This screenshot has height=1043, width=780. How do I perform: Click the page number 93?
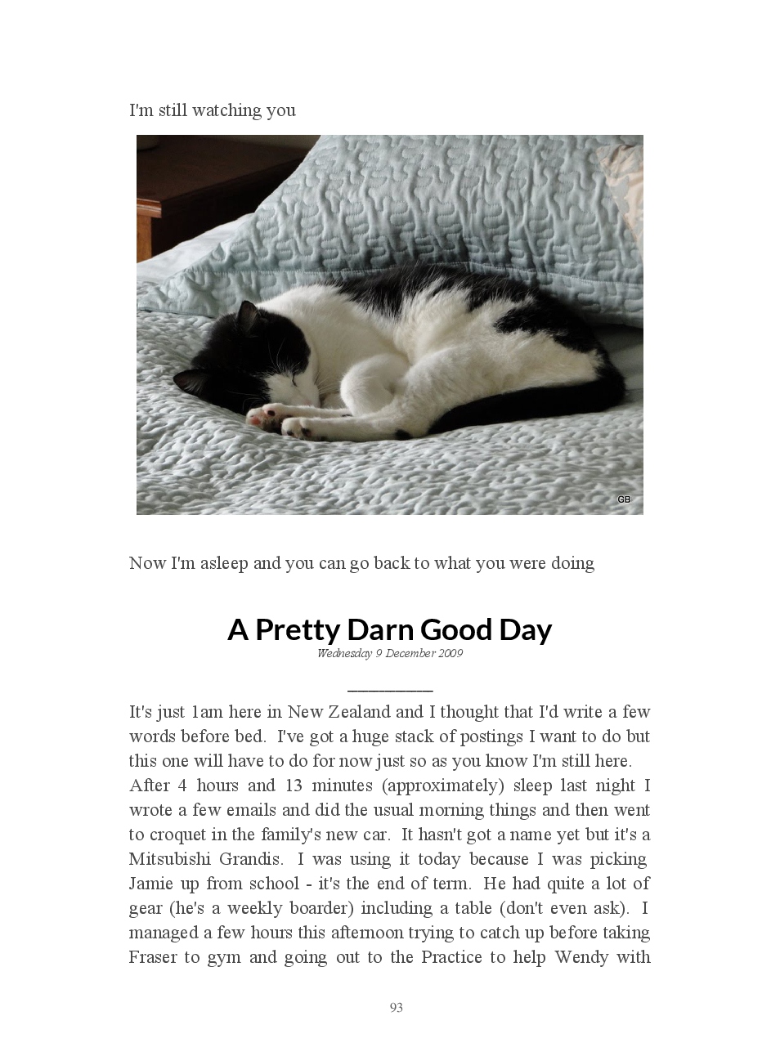pos(397,1007)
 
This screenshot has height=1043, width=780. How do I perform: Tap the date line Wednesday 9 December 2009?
pos(390,653)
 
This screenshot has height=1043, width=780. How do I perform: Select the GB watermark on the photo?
pos(624,499)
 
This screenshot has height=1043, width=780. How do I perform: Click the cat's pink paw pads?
pos(259,418)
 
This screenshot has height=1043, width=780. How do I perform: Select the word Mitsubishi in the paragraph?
pos(169,859)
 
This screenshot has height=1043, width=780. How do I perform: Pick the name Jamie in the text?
pos(150,884)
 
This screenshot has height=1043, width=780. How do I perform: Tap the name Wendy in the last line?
pos(581,957)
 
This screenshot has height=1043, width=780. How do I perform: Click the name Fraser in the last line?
pos(152,957)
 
